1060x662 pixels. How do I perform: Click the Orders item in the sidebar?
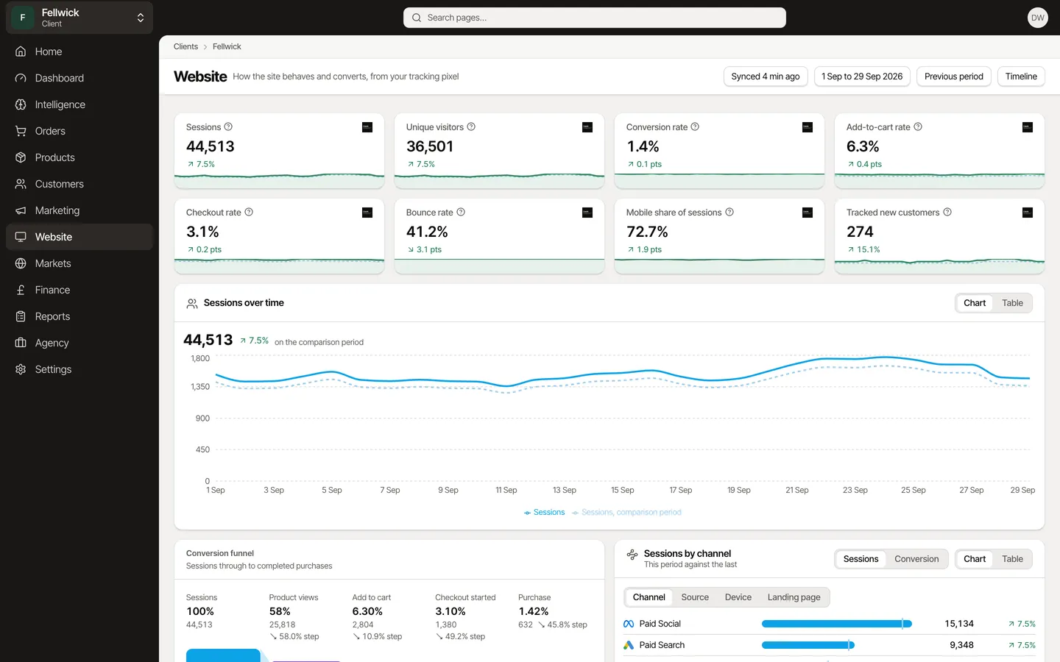pyautogui.click(x=50, y=131)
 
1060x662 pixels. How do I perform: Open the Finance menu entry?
pyautogui.click(x=52, y=290)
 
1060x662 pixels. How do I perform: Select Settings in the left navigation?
pyautogui.click(x=53, y=369)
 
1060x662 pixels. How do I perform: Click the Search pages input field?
pyautogui.click(x=594, y=18)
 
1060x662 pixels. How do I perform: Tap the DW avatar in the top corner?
pyautogui.click(x=1037, y=18)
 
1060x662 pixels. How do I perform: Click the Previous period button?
pyautogui.click(x=953, y=76)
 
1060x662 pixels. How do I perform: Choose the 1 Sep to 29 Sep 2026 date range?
pyautogui.click(x=862, y=76)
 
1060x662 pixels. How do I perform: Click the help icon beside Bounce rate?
pyautogui.click(x=461, y=213)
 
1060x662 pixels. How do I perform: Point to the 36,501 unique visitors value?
pyautogui.click(x=430, y=146)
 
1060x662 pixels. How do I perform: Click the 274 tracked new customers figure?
pyautogui.click(x=860, y=232)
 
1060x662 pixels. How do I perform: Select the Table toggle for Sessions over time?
pyautogui.click(x=1012, y=303)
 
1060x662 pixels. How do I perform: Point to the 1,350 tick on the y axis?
pyautogui.click(x=200, y=387)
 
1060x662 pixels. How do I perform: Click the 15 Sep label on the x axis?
pyautogui.click(x=622, y=490)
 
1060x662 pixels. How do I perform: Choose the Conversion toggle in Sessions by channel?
pyautogui.click(x=916, y=559)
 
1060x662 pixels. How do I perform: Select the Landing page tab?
pyautogui.click(x=794, y=597)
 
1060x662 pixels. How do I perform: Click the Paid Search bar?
pyautogui.click(x=808, y=645)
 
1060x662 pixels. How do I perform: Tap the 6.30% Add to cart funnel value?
pyautogui.click(x=367, y=611)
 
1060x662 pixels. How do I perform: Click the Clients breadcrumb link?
pyautogui.click(x=185, y=46)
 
